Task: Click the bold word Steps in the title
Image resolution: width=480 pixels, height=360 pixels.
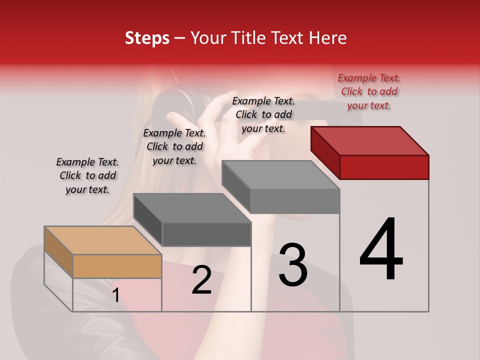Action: [147, 38]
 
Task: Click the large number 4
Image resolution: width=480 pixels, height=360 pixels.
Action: [381, 250]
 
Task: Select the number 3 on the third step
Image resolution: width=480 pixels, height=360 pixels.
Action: [293, 265]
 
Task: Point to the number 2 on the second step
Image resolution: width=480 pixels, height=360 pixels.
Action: [202, 280]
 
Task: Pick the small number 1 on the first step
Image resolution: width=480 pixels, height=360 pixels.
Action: [116, 295]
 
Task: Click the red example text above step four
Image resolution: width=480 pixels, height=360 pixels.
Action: [369, 91]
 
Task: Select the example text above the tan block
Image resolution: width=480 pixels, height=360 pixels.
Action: [87, 175]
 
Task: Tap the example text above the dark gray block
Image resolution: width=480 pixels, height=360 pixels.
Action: [174, 146]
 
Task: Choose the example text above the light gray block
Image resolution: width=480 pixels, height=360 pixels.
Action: [263, 114]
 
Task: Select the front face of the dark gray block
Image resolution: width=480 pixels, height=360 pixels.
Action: [206, 234]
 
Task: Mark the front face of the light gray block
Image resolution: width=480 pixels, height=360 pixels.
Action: [295, 201]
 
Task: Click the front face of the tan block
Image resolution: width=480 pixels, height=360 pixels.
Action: [117, 266]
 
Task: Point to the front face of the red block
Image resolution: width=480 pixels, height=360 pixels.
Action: [384, 167]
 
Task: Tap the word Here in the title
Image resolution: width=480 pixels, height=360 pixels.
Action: [327, 38]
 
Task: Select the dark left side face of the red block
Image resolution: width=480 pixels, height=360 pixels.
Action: [325, 151]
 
